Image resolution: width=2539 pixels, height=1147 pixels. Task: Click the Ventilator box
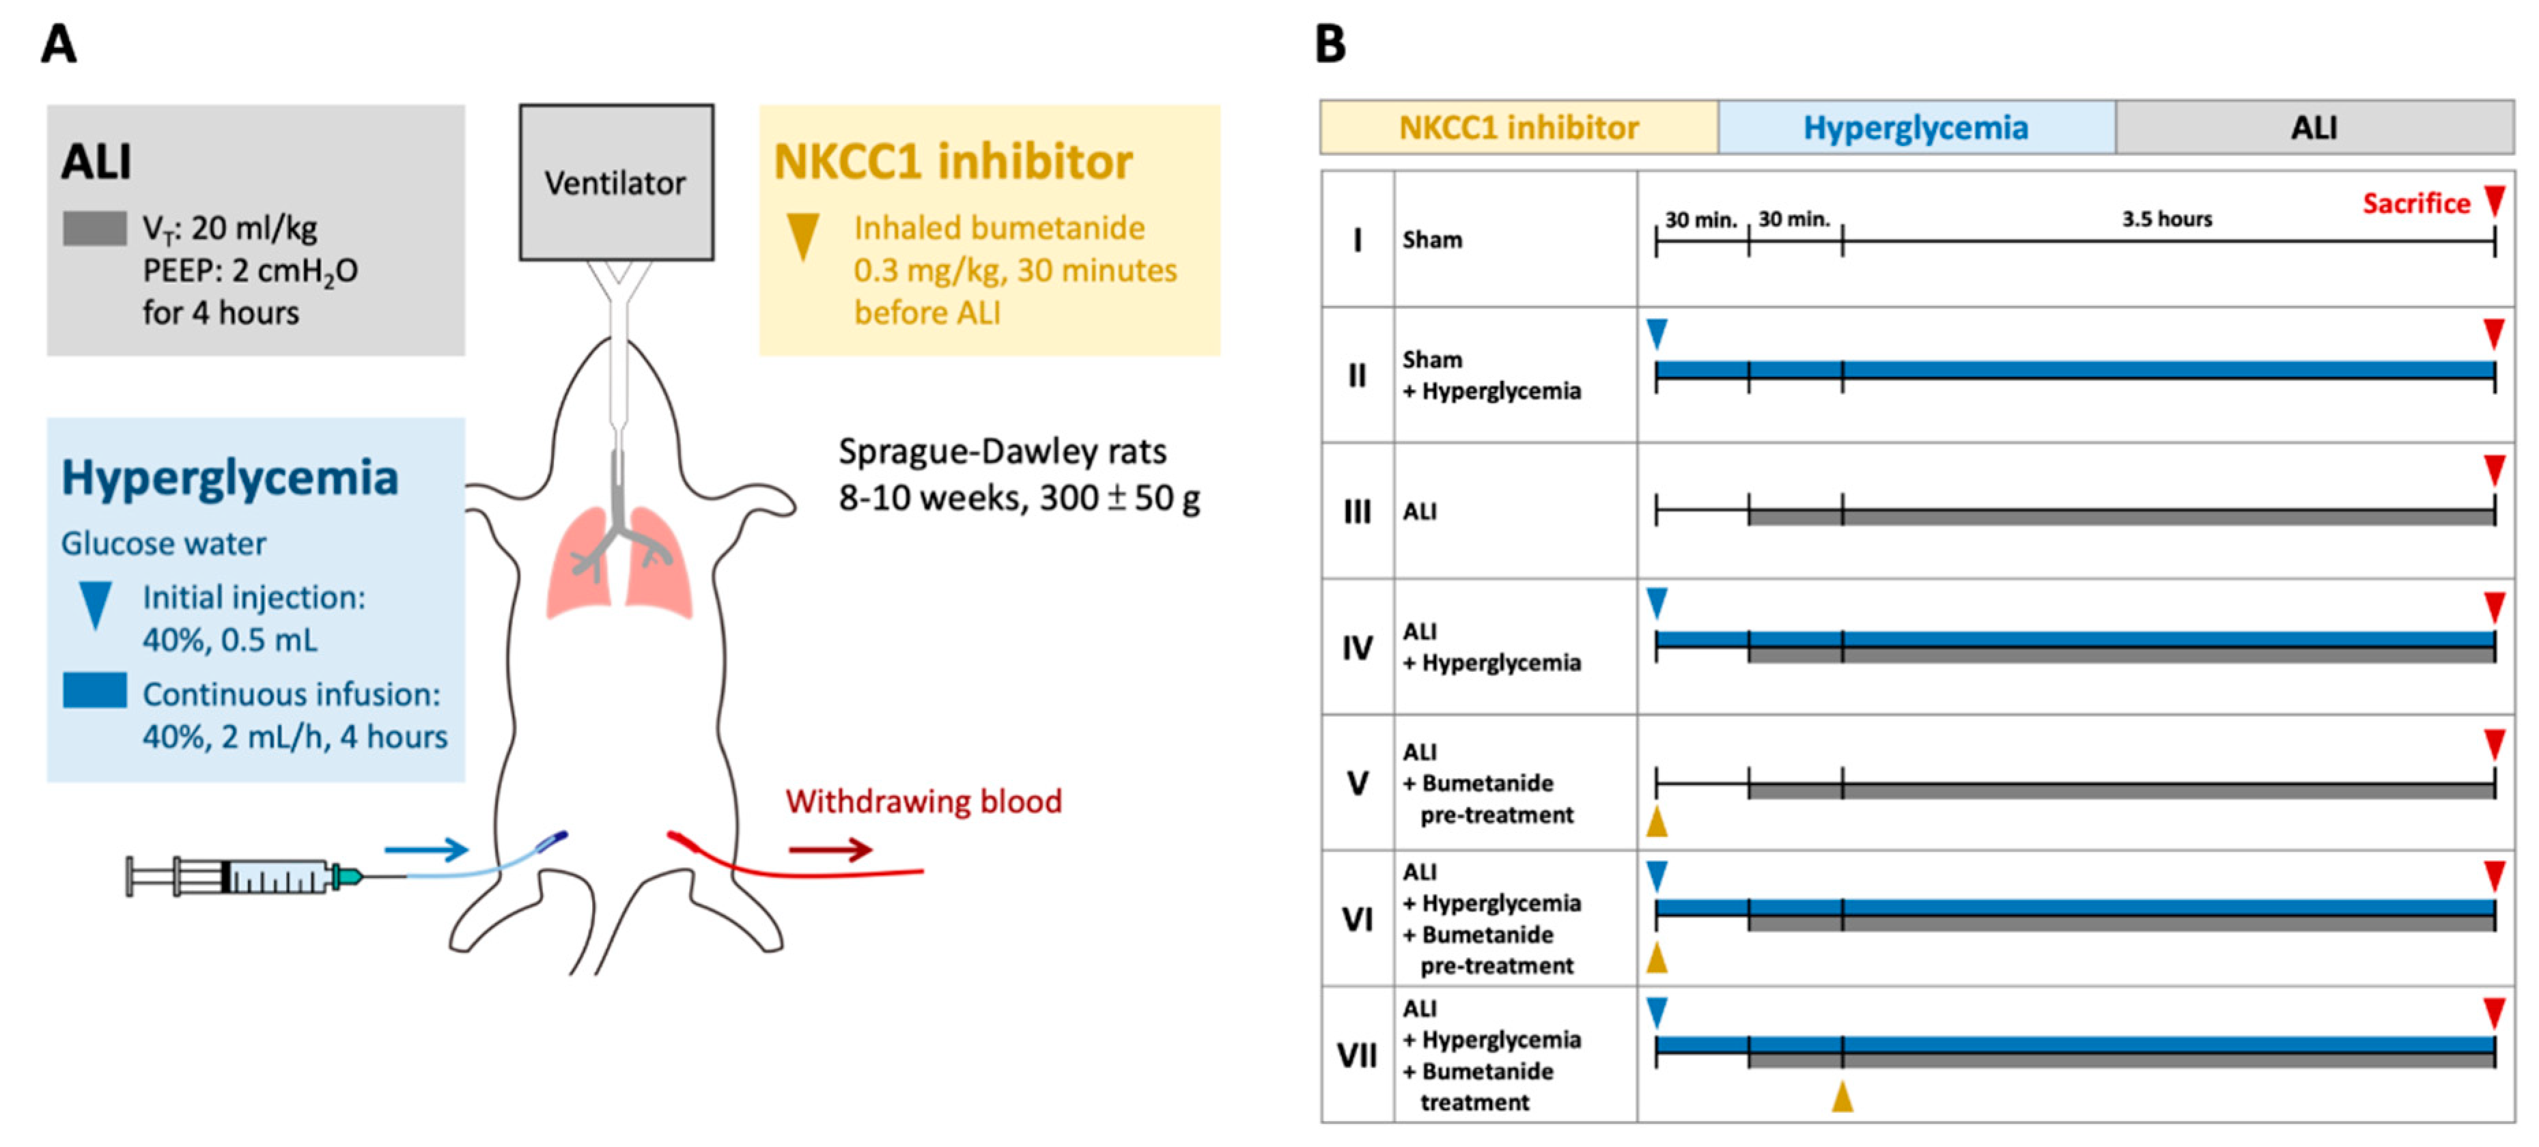point(616,182)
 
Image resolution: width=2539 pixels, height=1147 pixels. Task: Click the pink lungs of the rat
point(618,562)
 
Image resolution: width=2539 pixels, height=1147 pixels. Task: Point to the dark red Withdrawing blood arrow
point(830,849)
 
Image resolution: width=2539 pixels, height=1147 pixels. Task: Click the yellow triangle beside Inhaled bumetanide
point(802,236)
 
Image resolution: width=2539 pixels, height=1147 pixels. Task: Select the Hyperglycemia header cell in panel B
point(1916,127)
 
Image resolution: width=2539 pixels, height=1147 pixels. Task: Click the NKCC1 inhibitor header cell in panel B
point(1519,127)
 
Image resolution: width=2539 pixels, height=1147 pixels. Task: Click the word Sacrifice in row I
point(2416,203)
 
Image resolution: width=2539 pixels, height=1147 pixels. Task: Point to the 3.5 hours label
point(2166,218)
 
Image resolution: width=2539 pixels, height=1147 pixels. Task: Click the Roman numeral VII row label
point(1357,1056)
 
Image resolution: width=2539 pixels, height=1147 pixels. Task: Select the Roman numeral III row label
point(1357,511)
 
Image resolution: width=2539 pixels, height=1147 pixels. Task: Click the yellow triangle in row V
point(1657,822)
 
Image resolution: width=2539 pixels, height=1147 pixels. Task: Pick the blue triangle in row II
point(1657,333)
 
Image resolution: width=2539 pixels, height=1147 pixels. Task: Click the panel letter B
point(1330,44)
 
